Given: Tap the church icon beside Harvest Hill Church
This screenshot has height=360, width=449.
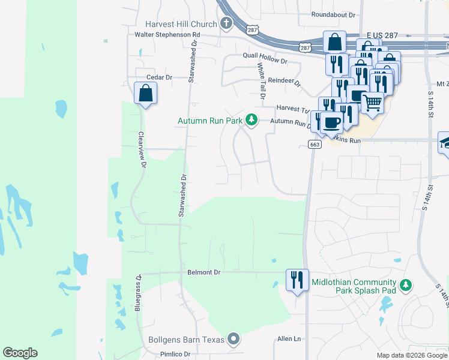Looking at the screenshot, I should coord(226,25).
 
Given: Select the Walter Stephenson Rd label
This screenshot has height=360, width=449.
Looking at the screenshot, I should coord(167,35).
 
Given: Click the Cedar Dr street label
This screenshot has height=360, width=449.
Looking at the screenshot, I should coord(159,77).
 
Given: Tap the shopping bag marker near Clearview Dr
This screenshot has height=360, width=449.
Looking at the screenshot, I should coord(145,94).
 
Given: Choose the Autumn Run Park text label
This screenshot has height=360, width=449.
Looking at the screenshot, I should coord(209,121).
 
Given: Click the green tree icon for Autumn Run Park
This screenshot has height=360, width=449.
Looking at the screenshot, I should coord(252,121).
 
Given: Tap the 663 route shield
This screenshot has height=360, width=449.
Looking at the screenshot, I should coord(315,144).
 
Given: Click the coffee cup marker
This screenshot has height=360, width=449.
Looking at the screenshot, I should coord(331,122).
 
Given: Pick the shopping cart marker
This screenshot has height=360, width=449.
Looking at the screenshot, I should coord(372,103).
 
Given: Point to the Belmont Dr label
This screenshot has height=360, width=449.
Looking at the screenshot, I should coord(204,272).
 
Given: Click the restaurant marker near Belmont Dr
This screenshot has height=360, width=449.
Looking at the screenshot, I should coord(297,280).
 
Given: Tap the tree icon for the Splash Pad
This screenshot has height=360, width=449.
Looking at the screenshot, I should coord(407,284).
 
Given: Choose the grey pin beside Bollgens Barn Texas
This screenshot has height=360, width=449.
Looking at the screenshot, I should coord(234,340).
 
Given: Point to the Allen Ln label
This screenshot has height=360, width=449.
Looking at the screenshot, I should coord(289,339).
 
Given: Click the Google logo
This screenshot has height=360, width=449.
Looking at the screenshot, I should coord(20,353).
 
